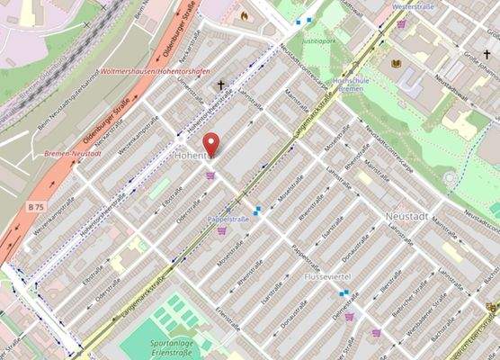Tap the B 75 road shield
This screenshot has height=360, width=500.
(x=35, y=207)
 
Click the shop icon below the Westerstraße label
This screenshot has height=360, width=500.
(x=401, y=24)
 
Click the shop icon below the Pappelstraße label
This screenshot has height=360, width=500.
(x=222, y=231)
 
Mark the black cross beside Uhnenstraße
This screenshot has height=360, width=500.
(x=220, y=85)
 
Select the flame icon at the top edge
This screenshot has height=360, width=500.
(x=243, y=15)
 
